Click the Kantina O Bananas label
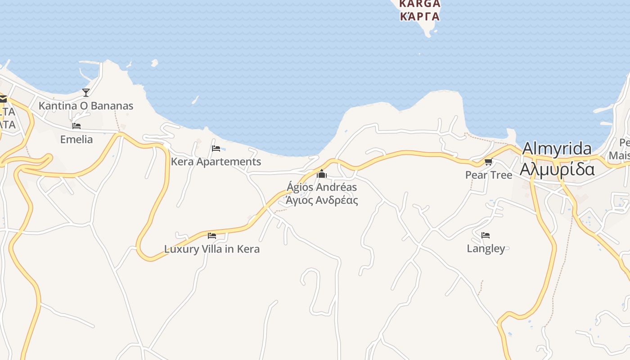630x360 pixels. click(86, 106)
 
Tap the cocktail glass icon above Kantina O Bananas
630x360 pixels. click(86, 92)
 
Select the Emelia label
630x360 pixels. click(76, 139)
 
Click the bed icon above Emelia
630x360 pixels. click(76, 126)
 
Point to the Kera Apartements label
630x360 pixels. click(216, 162)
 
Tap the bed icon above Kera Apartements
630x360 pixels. click(216, 148)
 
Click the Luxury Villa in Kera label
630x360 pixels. click(212, 249)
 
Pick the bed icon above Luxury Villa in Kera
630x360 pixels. click(212, 235)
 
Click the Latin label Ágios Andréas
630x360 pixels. click(322, 187)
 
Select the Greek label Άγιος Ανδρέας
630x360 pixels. click(322, 200)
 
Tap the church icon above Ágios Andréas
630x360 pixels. click(322, 174)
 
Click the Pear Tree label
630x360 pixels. click(489, 175)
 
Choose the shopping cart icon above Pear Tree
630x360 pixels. click(488, 162)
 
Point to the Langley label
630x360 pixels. click(486, 248)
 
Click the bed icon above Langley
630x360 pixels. click(486, 235)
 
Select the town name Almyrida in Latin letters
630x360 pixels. click(557, 149)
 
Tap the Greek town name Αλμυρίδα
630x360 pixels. click(557, 169)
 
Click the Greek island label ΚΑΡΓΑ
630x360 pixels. click(419, 17)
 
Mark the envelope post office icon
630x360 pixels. click(3, 99)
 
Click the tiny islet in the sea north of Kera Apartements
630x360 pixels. click(155, 63)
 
